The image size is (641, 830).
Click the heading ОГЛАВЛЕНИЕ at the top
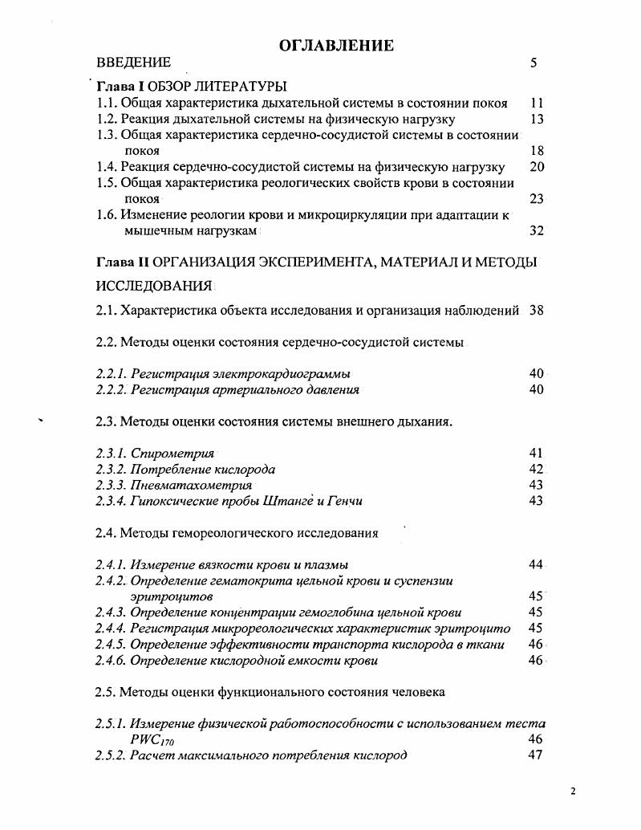point(336,46)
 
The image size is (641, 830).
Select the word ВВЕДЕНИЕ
point(133,63)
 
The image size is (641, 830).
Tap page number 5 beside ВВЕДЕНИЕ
point(533,63)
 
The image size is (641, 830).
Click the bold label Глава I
point(121,87)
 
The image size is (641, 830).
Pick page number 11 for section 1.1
point(538,103)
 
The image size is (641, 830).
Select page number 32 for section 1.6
point(537,230)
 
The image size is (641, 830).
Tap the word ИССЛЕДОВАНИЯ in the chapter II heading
point(154,286)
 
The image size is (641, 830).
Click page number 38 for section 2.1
point(537,311)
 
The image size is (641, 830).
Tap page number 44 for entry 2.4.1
point(537,565)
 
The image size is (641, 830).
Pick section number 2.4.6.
point(112,661)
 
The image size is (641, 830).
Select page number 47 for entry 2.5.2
point(536,755)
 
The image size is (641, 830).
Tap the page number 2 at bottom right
point(573,791)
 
